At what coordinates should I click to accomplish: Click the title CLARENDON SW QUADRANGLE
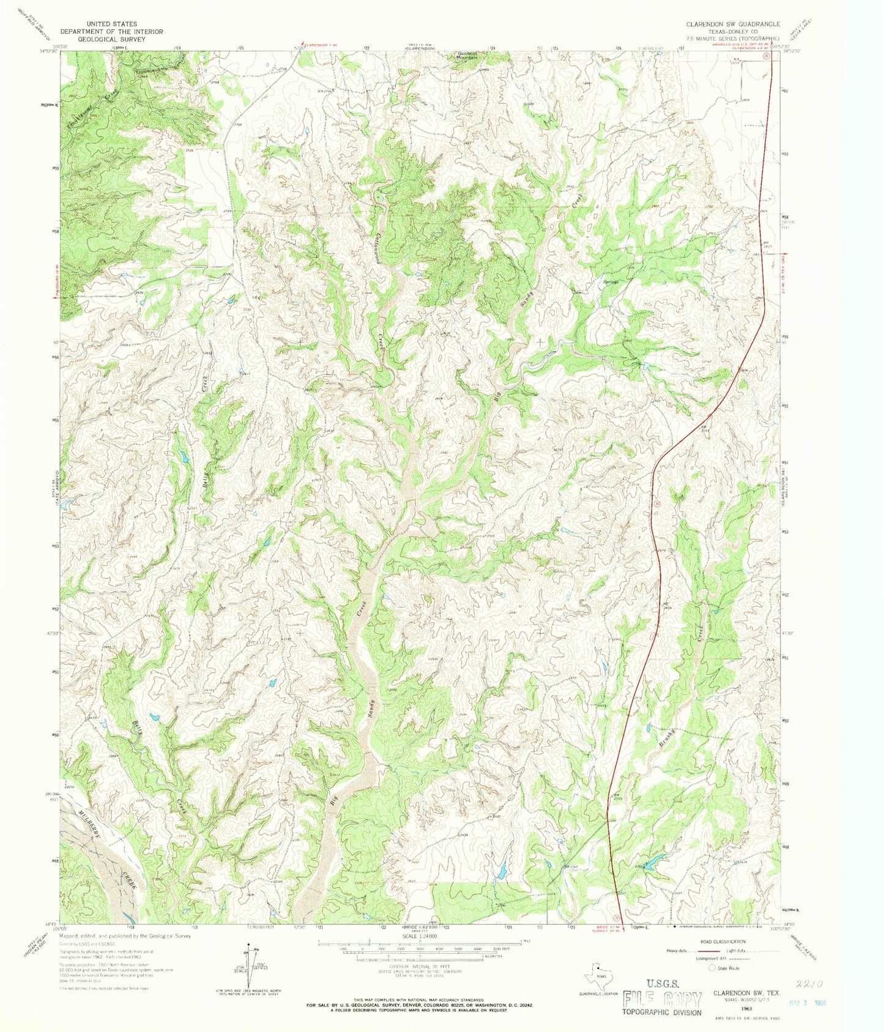click(732, 24)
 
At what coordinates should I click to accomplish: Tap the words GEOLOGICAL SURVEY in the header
click(111, 39)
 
